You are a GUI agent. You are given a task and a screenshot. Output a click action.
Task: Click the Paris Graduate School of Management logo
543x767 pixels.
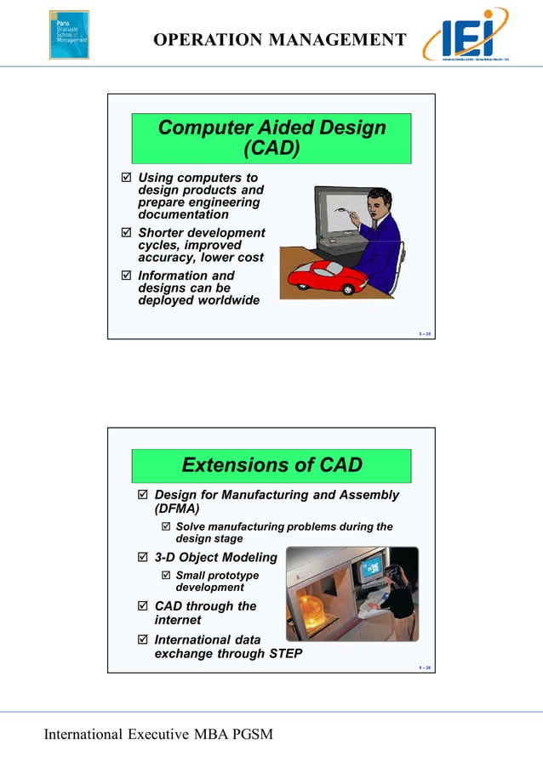(69, 34)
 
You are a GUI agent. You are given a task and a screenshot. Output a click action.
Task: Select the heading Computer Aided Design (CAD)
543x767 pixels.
(271, 139)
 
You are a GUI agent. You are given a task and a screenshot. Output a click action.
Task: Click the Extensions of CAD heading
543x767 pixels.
(271, 465)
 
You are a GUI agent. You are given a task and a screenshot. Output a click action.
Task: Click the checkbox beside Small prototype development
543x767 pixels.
(166, 576)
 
